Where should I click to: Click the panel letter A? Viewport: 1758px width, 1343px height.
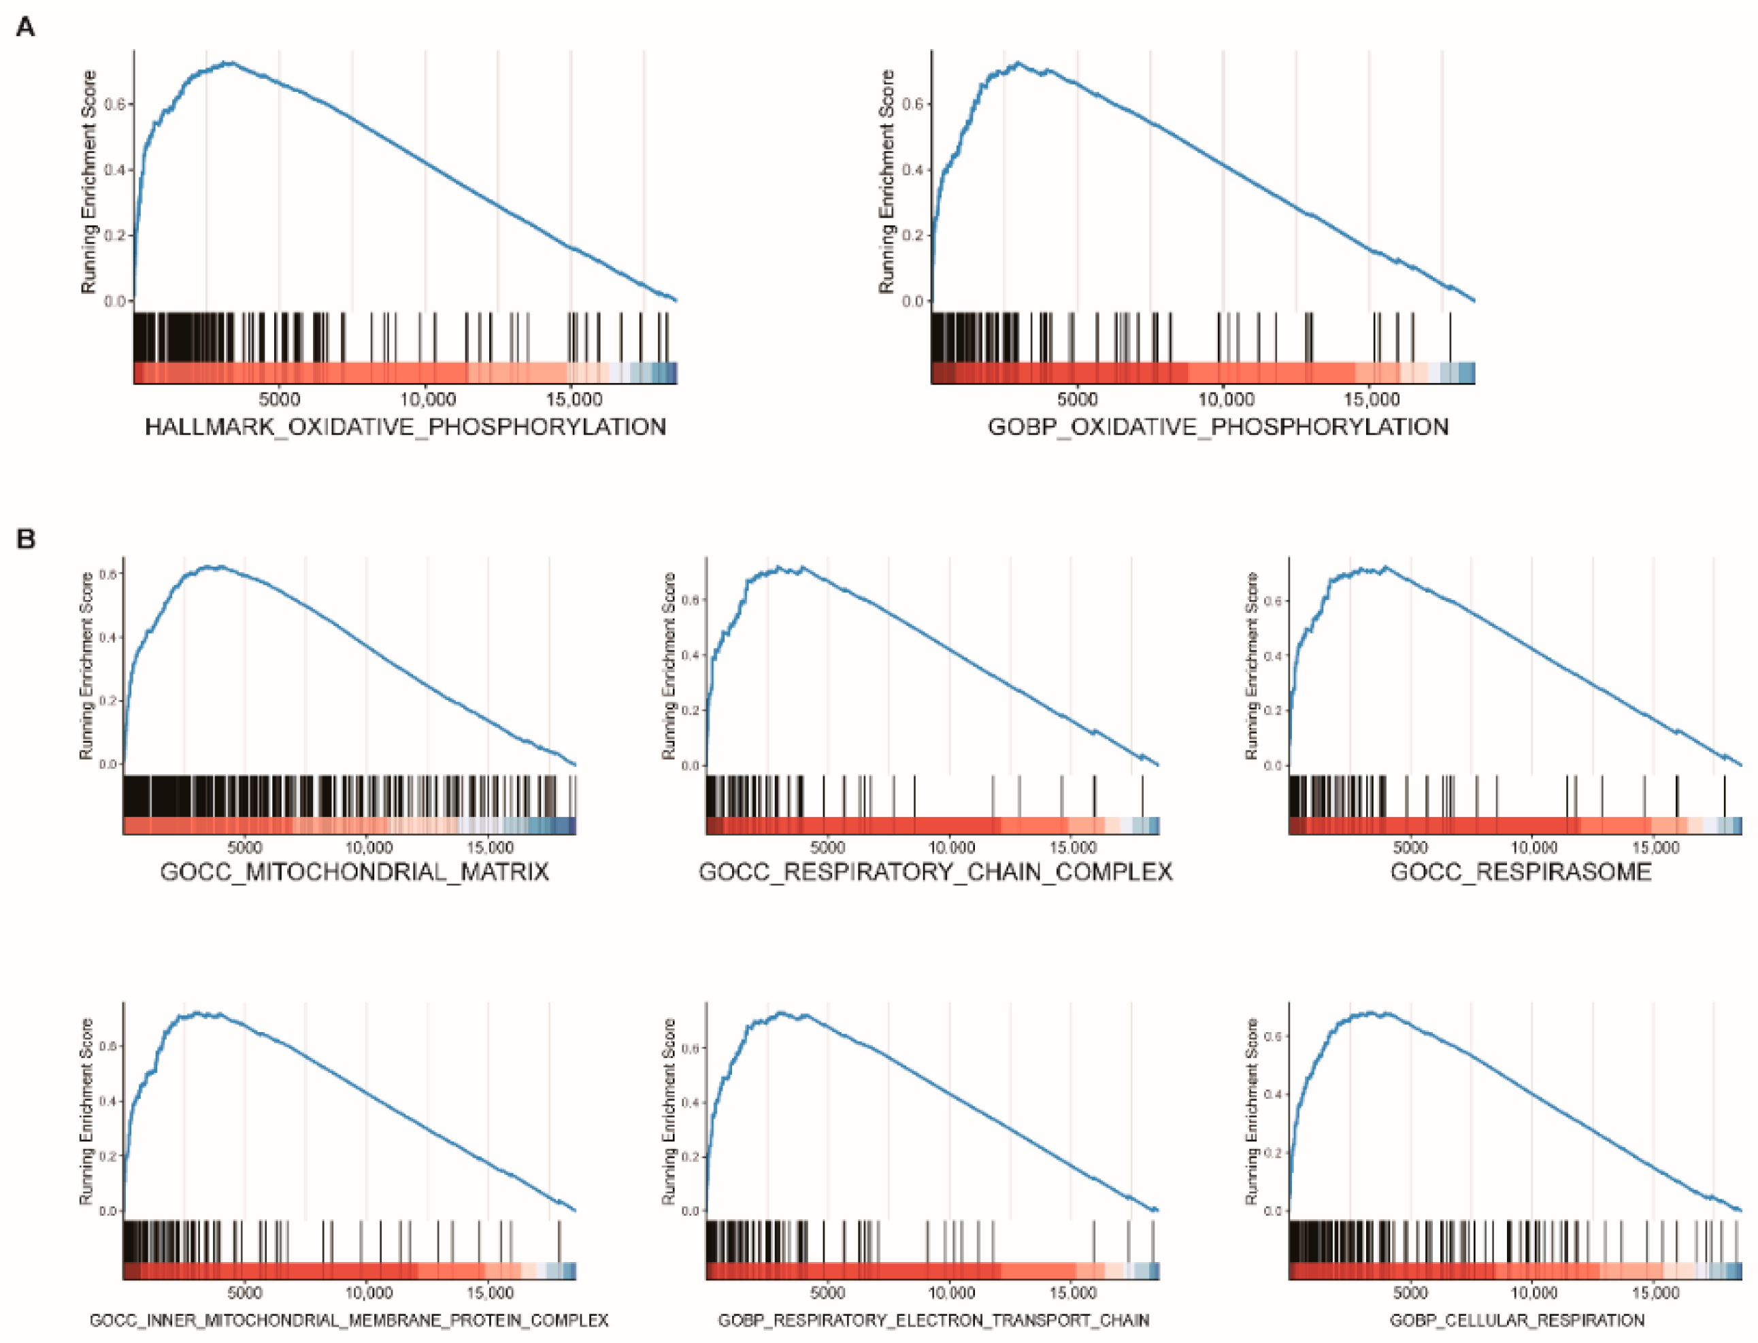coord(26,28)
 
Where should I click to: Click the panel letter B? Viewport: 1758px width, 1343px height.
coord(26,539)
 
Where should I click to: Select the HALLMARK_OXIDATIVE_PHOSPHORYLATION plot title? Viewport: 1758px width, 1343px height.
coord(405,427)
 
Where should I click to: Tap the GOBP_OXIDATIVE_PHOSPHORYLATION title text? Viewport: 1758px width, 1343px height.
coord(1218,427)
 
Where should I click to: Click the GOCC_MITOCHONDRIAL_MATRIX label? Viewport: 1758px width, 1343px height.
coord(355,872)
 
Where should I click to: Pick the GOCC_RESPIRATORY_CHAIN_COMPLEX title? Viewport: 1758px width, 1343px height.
coord(935,872)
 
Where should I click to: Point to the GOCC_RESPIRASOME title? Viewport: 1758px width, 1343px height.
coord(1521,872)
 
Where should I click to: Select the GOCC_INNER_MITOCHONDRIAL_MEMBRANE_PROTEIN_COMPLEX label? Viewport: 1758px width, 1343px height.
coord(350,1320)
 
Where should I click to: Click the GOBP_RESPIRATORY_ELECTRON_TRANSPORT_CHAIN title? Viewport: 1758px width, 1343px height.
coord(933,1320)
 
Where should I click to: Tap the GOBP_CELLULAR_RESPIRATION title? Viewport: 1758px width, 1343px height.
coord(1516,1320)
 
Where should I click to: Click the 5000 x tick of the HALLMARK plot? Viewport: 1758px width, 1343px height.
coord(279,398)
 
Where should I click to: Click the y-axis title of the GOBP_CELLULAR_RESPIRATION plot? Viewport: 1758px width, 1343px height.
coord(1252,1112)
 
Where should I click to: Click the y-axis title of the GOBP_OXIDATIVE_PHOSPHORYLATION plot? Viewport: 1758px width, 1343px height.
coord(886,182)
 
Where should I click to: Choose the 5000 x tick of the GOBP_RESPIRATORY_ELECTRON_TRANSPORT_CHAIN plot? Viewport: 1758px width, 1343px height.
coord(827,1293)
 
